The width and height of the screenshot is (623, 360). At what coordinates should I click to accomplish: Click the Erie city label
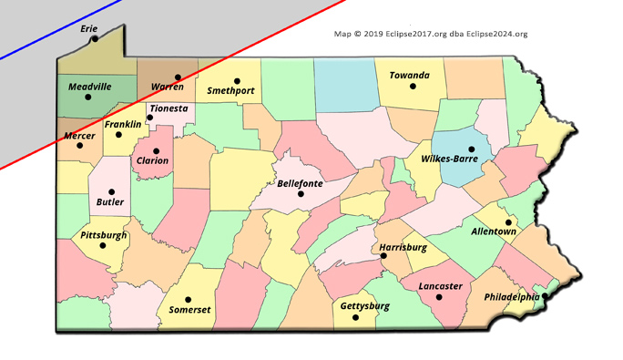89,28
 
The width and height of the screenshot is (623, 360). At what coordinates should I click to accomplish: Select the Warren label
168,87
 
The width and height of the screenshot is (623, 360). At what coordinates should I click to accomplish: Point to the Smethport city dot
237,80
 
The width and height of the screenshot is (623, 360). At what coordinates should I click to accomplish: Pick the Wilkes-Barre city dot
472,149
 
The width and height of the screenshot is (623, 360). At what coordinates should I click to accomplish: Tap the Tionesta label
169,108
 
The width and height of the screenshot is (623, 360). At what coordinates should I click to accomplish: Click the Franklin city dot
118,135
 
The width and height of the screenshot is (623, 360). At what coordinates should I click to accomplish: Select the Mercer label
79,136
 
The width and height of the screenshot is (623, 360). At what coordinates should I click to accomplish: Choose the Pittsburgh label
104,235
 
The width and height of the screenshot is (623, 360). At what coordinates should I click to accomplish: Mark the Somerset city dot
189,299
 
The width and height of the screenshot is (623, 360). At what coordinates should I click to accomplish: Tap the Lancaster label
440,286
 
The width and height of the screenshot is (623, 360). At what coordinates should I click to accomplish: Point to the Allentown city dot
508,221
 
